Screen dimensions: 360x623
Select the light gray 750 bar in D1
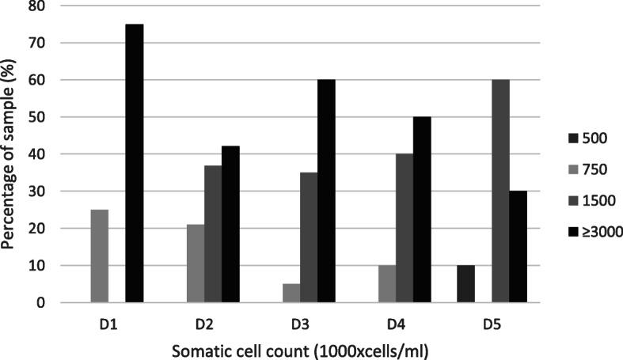coord(100,256)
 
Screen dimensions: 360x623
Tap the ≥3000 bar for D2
coord(230,224)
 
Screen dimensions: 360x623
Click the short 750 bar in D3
coord(291,293)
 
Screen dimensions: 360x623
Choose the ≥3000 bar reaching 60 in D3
coord(326,191)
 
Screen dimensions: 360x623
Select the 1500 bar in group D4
coord(405,228)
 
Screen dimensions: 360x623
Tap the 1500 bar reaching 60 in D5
coord(500,191)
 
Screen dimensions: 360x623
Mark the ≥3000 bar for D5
coord(518,246)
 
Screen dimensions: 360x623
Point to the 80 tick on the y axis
coord(37,6)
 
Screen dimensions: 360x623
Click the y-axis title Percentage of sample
coord(11,154)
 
